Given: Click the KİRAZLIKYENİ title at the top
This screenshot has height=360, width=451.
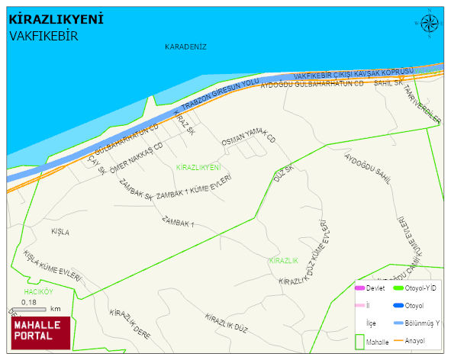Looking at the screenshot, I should pos(56,19).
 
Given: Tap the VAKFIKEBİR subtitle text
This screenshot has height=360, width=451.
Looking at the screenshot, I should pos(44,35).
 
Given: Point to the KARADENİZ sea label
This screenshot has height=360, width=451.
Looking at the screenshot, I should pos(185,47).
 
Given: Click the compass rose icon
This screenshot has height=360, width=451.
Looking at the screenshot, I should pos(429,24).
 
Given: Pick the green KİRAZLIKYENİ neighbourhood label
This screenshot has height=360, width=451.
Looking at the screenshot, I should pos(198,166).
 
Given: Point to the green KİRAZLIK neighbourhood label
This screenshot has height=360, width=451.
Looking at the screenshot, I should pos(283,261).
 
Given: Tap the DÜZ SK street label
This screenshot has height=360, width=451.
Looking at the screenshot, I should pos(283,174).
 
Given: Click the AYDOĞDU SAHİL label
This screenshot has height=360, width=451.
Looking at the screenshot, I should pos(368,169).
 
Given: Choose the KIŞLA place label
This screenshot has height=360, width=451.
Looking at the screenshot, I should pos(60,231).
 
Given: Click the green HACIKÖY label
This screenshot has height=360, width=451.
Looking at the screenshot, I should pos(37,292).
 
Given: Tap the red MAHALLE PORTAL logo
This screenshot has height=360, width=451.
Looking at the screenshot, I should pos(40,331).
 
